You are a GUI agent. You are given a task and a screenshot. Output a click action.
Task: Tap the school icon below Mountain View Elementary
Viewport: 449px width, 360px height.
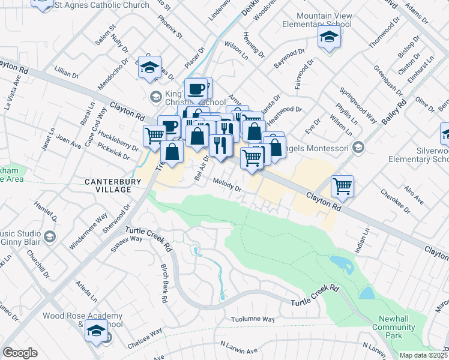point(328,38)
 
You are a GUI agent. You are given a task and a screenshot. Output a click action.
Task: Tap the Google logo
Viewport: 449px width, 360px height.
point(20,352)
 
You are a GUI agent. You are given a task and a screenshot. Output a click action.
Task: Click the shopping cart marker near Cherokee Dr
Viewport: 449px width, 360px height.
point(342,187)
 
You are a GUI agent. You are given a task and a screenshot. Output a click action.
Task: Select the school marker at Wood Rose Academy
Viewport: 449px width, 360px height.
point(96,331)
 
